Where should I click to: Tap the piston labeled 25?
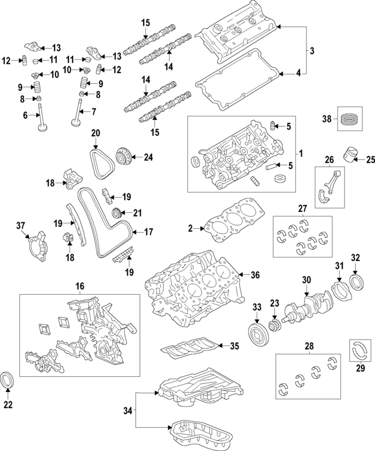pos(350,154)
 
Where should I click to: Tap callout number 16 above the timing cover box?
pos(80,286)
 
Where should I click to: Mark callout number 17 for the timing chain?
pos(148,232)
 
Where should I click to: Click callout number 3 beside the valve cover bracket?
pos(312,51)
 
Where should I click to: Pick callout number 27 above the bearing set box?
pos(302,208)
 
